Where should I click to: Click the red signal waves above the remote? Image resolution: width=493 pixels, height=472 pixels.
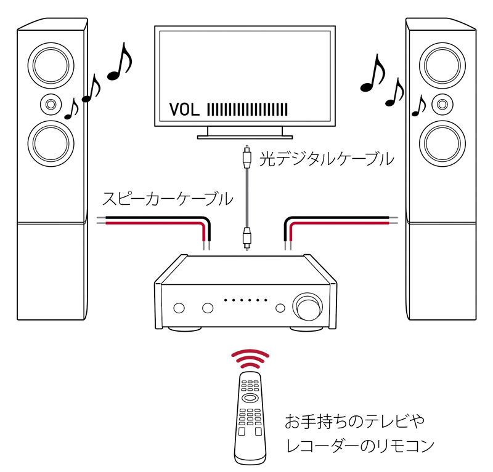[250, 358]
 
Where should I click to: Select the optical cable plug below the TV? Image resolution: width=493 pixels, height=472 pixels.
[246, 156]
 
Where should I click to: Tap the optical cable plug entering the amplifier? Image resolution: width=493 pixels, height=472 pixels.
[246, 237]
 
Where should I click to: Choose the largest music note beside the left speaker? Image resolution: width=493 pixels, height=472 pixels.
[121, 65]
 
